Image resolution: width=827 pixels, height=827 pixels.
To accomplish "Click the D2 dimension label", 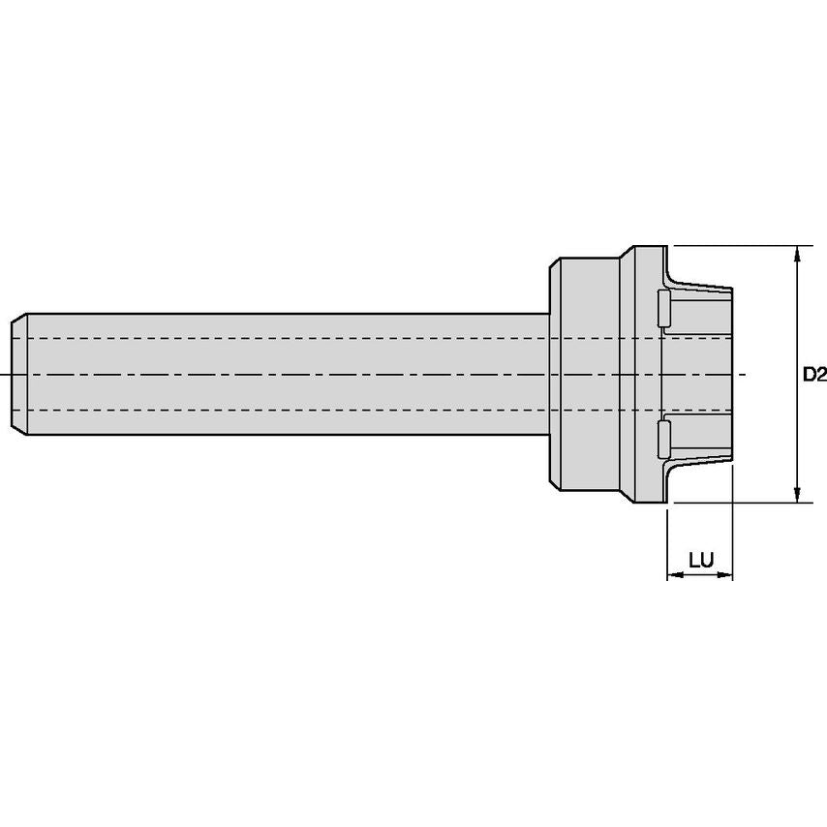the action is click(x=814, y=375).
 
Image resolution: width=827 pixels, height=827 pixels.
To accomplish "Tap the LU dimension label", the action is click(x=701, y=560).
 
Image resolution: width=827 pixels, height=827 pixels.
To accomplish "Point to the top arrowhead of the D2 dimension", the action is click(x=797, y=253).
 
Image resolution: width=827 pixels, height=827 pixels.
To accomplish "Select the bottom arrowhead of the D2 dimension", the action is click(x=797, y=495).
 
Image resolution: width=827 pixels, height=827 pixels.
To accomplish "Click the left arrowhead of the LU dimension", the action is click(x=675, y=574).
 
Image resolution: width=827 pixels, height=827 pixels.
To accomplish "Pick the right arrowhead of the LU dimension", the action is click(x=725, y=574).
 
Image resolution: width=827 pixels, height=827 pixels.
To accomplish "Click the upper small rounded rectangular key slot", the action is click(x=663, y=308).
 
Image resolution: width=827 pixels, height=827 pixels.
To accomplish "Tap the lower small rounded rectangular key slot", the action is click(x=663, y=440).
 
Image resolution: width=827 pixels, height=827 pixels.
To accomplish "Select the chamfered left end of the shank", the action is click(x=19, y=374).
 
